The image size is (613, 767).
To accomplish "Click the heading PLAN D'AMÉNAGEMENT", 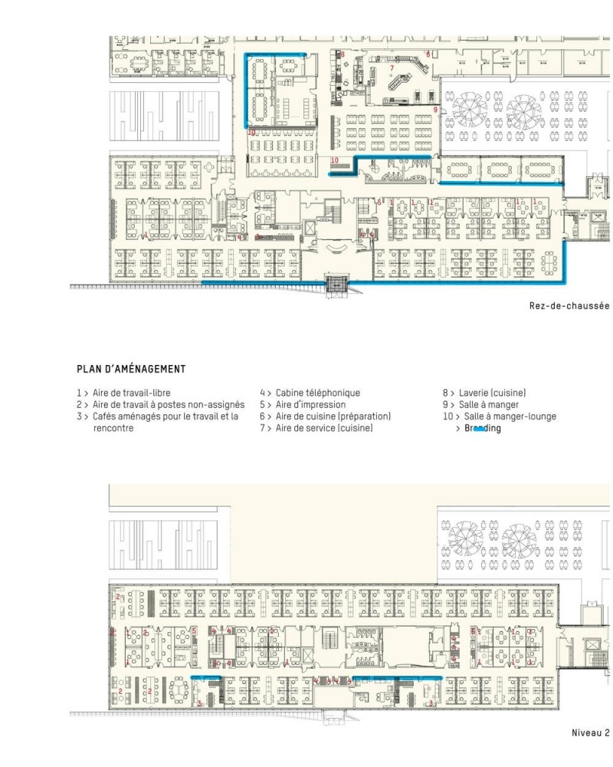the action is pos(130,369).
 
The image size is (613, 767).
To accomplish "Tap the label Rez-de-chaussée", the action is pos(569,306).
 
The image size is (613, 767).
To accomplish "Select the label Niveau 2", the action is pos(591,732).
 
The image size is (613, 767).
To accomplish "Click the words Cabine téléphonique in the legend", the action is pos(317,393).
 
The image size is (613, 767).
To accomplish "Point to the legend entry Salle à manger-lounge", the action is pos(510,416).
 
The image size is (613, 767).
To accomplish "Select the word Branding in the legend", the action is pos(482,429).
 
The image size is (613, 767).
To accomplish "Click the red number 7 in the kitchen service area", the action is pos(392,68).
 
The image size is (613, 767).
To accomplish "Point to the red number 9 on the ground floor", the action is pos(435,110).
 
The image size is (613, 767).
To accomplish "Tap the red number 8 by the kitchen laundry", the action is pos(343,54).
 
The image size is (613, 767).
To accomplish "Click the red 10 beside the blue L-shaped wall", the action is pos(335,160).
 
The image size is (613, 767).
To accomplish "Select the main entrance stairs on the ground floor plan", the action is pos(336,285).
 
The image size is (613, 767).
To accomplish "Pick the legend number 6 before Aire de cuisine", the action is pos(262,416).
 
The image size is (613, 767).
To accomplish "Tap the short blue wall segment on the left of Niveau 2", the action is pos(205,678).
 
